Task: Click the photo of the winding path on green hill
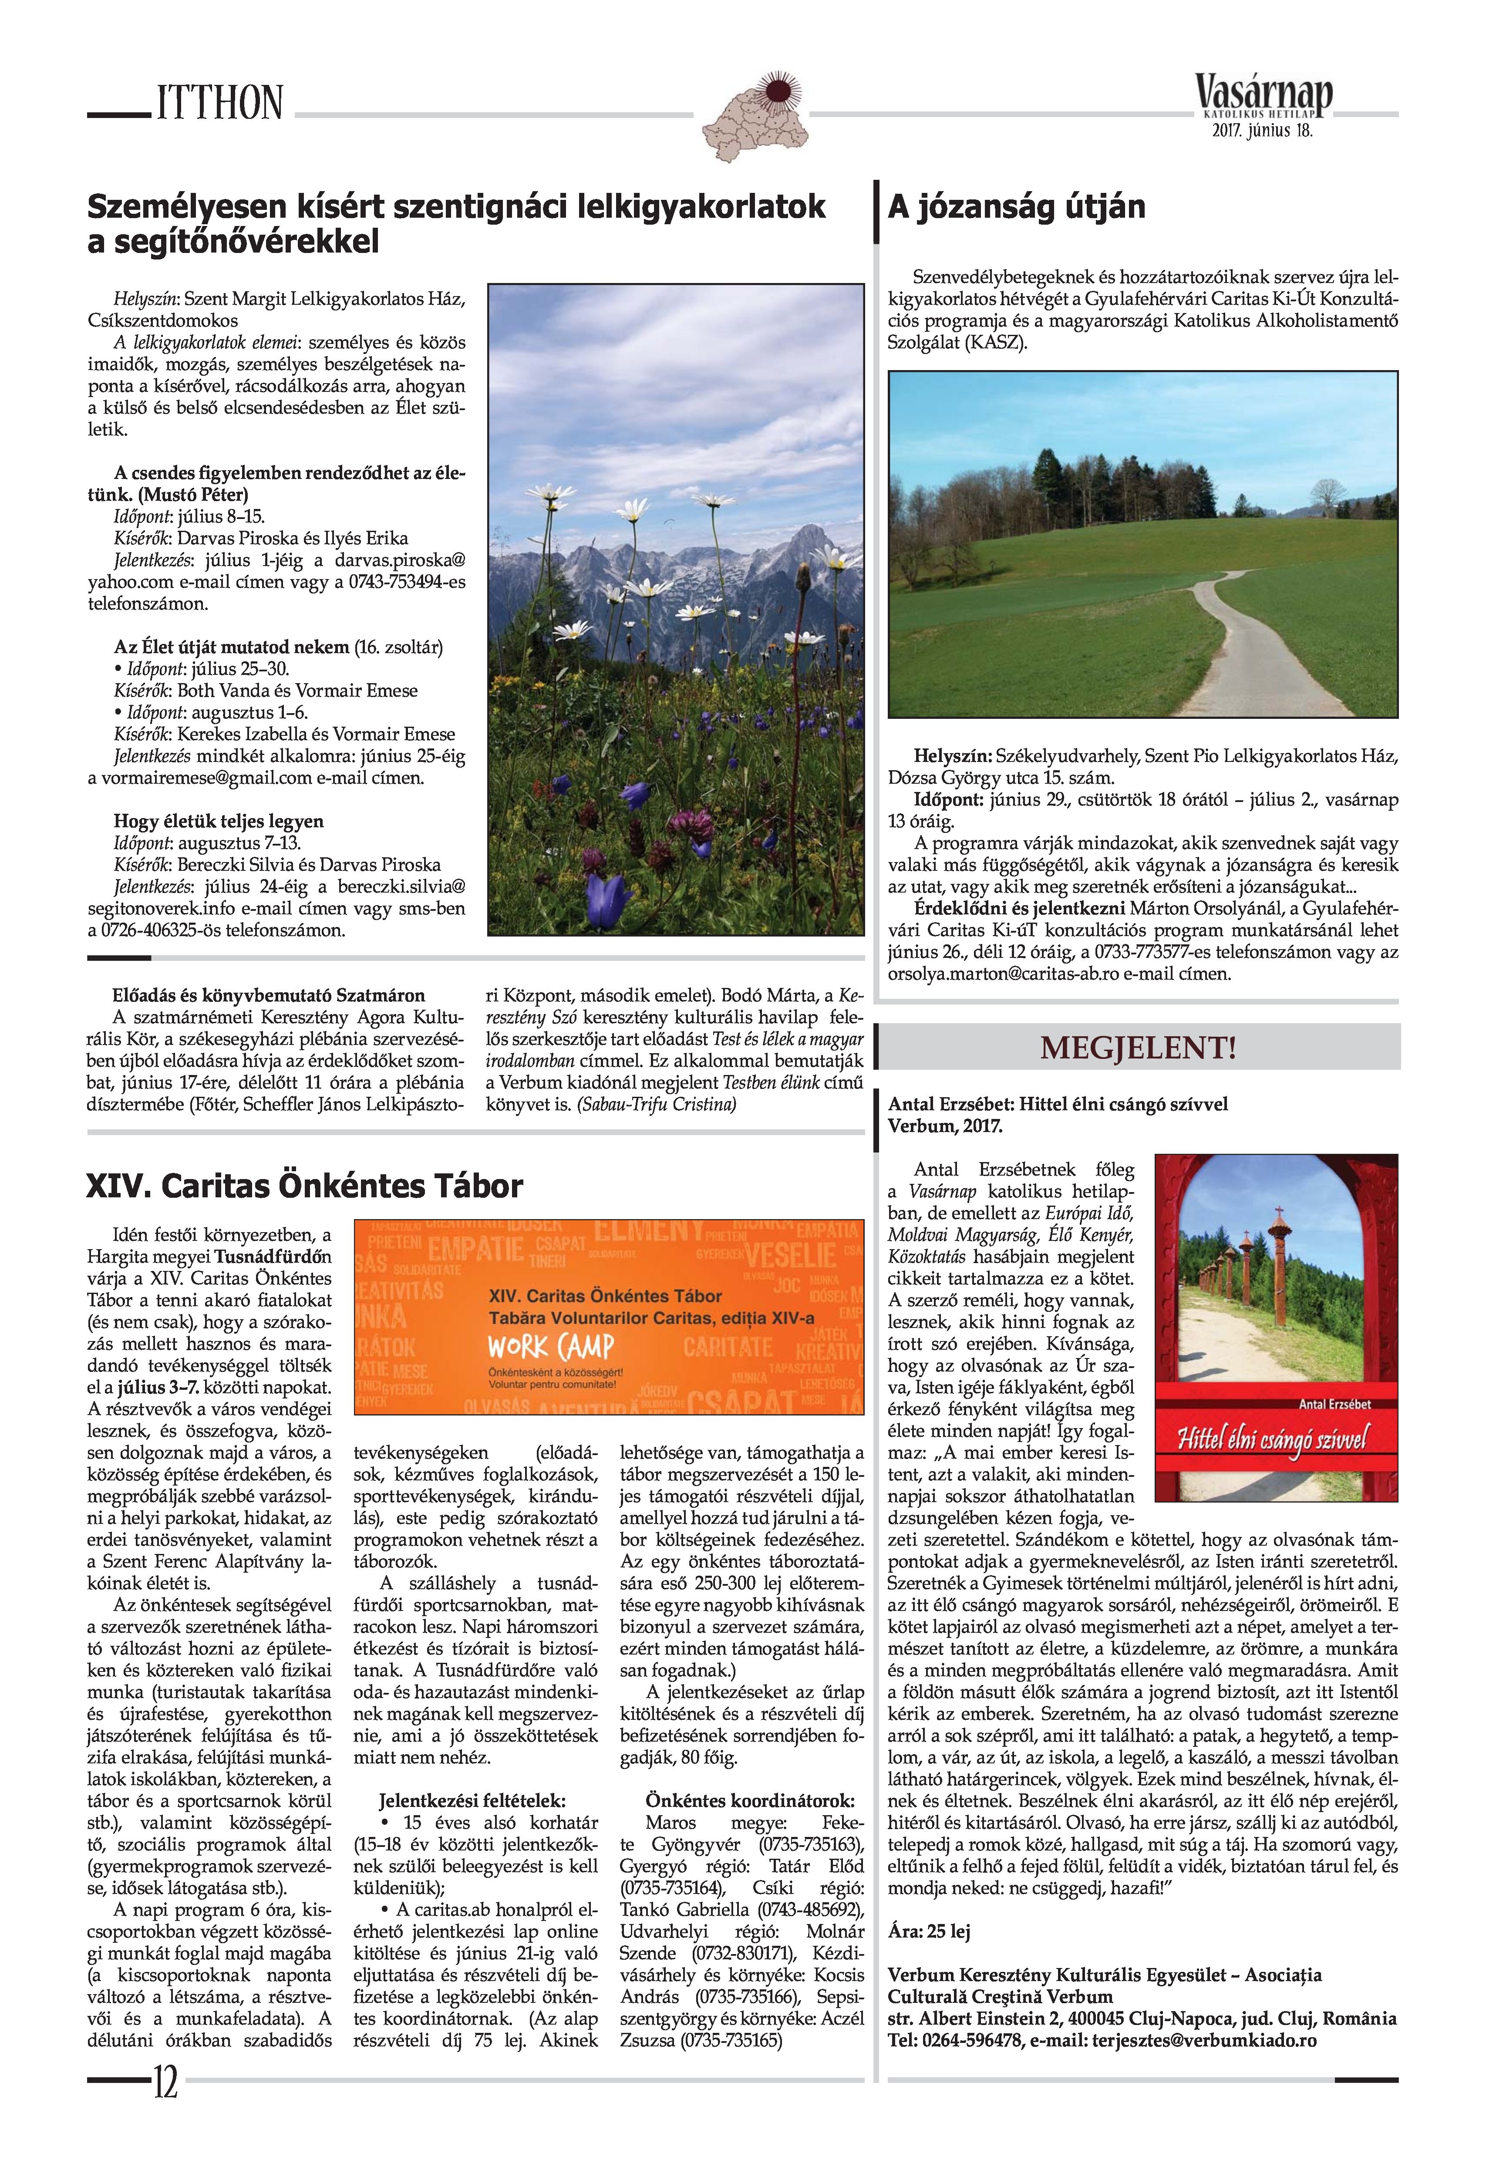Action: [1142, 545]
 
